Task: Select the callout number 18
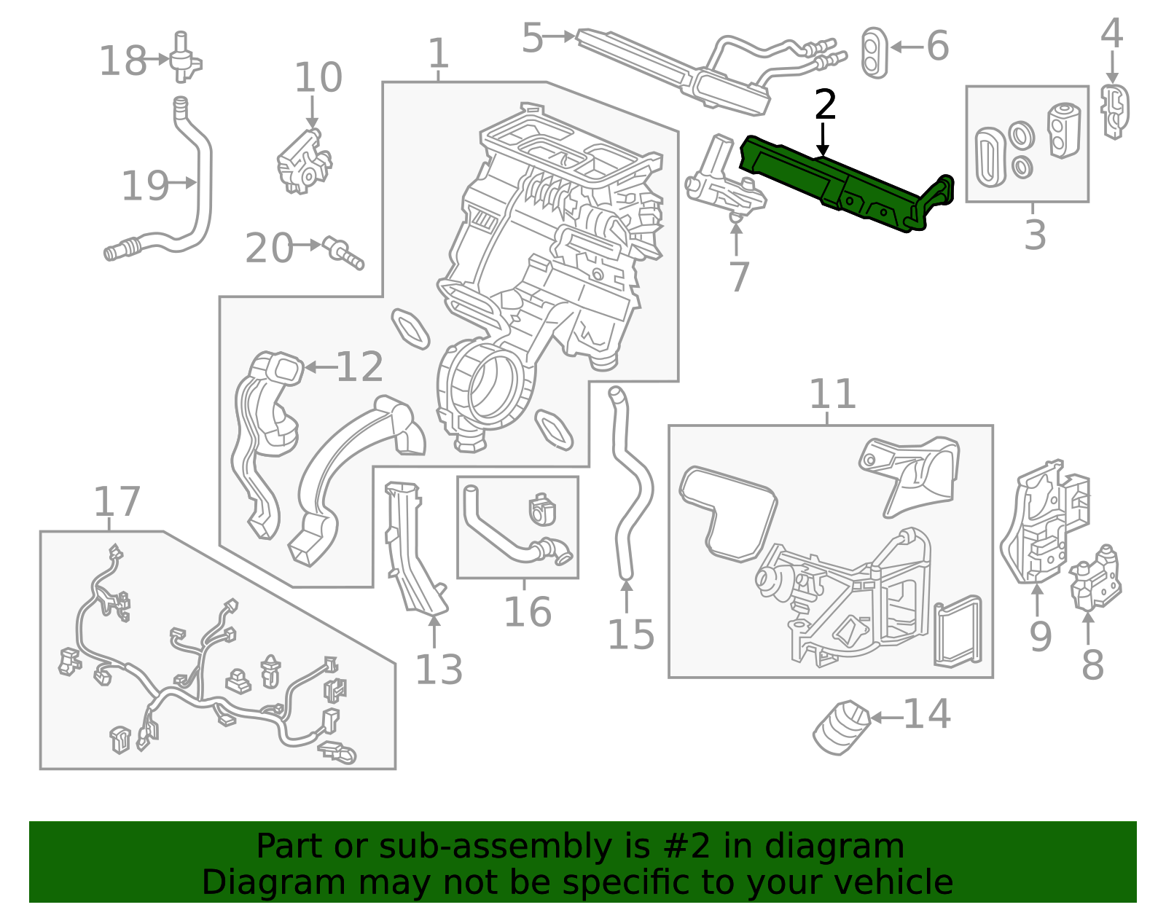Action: [122, 61]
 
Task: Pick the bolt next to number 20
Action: [343, 252]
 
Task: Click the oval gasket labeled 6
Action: [874, 52]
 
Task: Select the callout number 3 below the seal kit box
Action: [1034, 235]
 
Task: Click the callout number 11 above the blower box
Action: [832, 395]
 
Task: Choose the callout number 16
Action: [527, 612]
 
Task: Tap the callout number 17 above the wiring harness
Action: [117, 502]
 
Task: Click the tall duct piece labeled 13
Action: [412, 546]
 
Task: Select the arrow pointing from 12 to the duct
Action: [318, 367]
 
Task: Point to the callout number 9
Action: [1040, 636]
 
